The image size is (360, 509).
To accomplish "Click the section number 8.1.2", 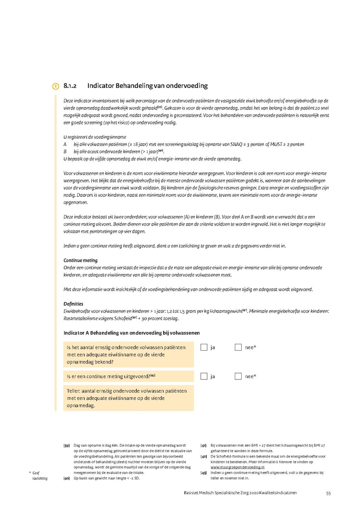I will [x=70, y=86].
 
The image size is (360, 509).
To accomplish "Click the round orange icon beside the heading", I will [x=56, y=86].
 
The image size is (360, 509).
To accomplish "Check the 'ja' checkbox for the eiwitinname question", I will [x=204, y=347].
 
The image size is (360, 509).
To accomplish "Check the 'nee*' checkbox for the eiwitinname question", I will [x=238, y=347].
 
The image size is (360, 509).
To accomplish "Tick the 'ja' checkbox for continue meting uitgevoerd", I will [x=204, y=376].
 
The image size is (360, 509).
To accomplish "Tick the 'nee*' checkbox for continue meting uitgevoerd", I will [x=238, y=376].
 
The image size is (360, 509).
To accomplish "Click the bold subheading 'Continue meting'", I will [x=80, y=260].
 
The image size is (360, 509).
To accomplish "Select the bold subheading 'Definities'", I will [x=73, y=304].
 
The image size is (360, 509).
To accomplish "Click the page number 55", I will [x=328, y=493].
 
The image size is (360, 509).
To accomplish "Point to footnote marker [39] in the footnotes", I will [x=66, y=445].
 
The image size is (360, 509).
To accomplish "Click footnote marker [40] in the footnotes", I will [x=66, y=478].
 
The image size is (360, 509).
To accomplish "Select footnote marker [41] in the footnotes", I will [x=203, y=445].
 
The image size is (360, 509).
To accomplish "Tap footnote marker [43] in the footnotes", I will [x=203, y=473].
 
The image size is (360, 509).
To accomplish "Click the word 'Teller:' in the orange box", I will [x=75, y=391].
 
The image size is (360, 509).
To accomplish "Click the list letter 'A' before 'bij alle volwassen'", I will [x=65, y=144].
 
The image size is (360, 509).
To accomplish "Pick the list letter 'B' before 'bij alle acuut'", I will [x=65, y=152].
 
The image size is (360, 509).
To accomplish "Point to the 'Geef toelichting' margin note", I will [x=39, y=475].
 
